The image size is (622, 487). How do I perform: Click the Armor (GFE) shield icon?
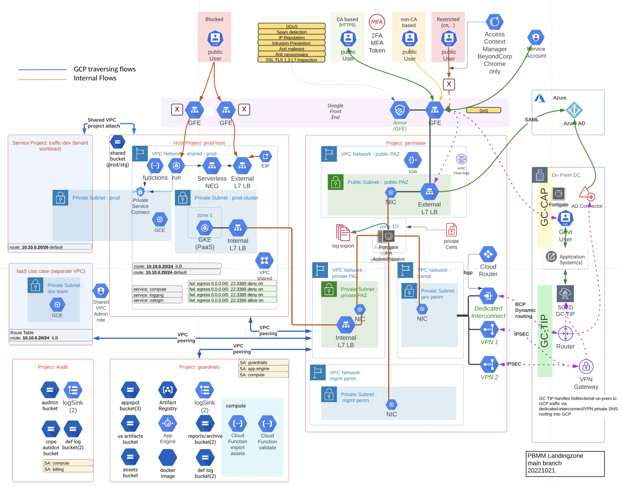[399, 110]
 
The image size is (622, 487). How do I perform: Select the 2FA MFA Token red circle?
[377, 22]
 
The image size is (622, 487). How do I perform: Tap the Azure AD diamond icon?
[574, 110]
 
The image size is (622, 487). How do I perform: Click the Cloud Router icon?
[488, 254]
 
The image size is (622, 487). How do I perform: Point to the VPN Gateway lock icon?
[586, 366]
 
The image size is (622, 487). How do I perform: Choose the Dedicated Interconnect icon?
[488, 296]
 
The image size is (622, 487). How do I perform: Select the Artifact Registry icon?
[168, 389]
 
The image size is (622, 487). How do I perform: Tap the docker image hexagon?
[168, 457]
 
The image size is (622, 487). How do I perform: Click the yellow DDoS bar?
[292, 26]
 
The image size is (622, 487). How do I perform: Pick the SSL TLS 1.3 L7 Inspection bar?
[292, 60]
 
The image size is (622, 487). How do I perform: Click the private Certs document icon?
[451, 230]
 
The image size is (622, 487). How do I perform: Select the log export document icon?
[343, 233]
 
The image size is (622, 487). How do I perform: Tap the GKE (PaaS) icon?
[205, 227]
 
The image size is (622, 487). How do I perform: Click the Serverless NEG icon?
[211, 166]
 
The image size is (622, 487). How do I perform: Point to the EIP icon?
[265, 156]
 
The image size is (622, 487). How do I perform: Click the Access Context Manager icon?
[495, 22]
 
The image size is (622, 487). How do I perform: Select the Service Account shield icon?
[536, 37]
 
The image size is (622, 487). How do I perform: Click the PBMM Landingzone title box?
[565, 463]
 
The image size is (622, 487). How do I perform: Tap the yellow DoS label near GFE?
[484, 111]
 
